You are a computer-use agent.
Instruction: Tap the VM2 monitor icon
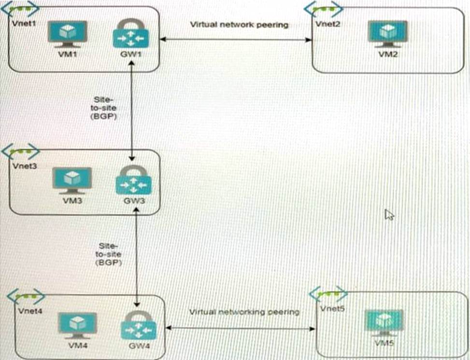click(385, 33)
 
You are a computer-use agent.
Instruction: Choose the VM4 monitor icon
click(77, 325)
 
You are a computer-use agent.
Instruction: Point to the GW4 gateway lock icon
click(138, 325)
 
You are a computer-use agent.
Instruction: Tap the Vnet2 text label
click(324, 23)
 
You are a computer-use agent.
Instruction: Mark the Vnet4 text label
click(28, 310)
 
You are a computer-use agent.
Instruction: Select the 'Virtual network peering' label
click(239, 24)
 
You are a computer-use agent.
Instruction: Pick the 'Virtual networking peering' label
click(244, 312)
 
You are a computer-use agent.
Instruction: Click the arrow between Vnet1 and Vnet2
click(236, 40)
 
